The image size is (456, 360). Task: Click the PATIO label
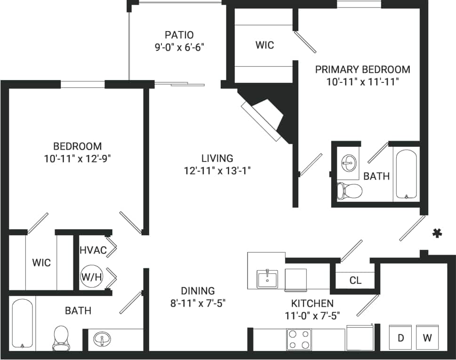click(x=179, y=35)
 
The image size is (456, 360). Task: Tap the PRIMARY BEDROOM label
click(x=362, y=70)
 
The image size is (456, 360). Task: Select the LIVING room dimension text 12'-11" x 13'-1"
click(x=217, y=170)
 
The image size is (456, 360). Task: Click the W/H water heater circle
click(x=92, y=277)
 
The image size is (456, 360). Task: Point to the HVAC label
click(x=93, y=250)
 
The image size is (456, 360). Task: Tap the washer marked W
click(x=427, y=337)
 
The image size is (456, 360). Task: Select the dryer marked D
click(x=401, y=337)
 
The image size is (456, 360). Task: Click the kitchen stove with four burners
click(x=299, y=339)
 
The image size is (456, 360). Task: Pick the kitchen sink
click(x=267, y=279)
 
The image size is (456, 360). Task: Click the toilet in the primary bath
click(x=349, y=191)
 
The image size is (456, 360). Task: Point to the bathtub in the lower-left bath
click(x=22, y=324)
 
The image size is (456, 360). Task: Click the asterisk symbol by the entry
click(x=438, y=232)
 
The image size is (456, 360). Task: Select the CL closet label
click(x=355, y=280)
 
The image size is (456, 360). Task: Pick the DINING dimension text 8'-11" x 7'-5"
click(x=198, y=303)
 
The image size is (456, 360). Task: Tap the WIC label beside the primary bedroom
click(x=264, y=45)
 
